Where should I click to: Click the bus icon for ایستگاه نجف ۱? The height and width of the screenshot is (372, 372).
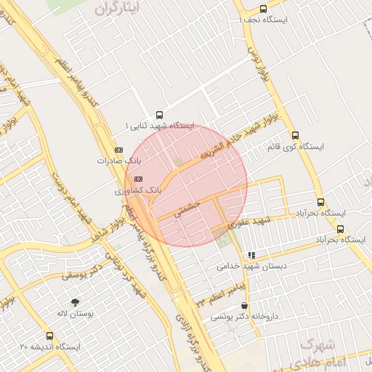[262, 9]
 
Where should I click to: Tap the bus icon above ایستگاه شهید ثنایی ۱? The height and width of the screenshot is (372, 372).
[160, 113]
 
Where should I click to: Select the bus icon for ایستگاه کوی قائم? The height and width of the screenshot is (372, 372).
[295, 135]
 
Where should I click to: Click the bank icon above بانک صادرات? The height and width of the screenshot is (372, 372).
[120, 150]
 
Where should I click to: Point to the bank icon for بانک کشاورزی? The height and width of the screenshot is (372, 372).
[138, 178]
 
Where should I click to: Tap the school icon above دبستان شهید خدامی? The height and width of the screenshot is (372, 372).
[251, 255]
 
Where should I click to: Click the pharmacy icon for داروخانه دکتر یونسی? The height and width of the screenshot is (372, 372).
[243, 306]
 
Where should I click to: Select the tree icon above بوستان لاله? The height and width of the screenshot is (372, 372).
[75, 302]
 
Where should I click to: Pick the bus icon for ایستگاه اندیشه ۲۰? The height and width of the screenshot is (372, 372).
[49, 336]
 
